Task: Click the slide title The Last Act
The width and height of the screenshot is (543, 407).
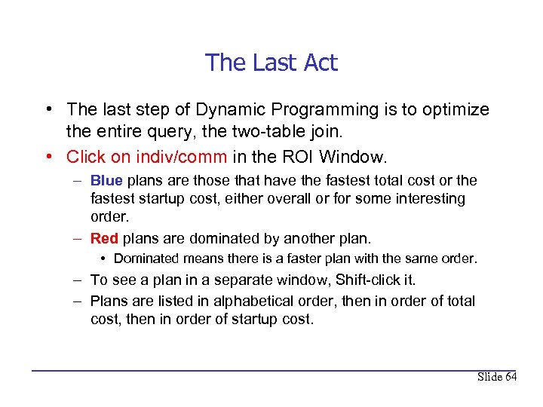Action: tap(271, 63)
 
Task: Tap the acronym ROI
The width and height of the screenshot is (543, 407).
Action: tap(296, 157)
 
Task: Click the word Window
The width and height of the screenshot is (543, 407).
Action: tap(352, 157)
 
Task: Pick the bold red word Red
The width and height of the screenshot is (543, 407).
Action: tap(105, 239)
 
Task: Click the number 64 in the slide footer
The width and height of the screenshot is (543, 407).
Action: tap(510, 377)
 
